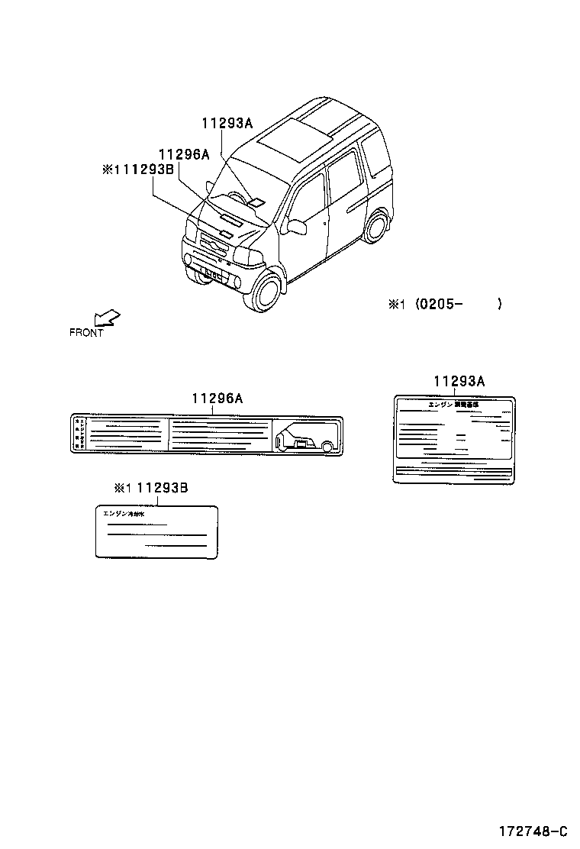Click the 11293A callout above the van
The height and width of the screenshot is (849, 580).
[x=227, y=123]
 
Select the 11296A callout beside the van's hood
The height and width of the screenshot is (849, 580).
[x=184, y=154]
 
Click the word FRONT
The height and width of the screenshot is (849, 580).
[x=86, y=333]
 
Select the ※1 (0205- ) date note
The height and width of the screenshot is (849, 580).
[x=446, y=305]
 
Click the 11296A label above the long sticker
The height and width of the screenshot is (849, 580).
[x=217, y=398]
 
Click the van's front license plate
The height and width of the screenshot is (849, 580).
[x=210, y=271]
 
